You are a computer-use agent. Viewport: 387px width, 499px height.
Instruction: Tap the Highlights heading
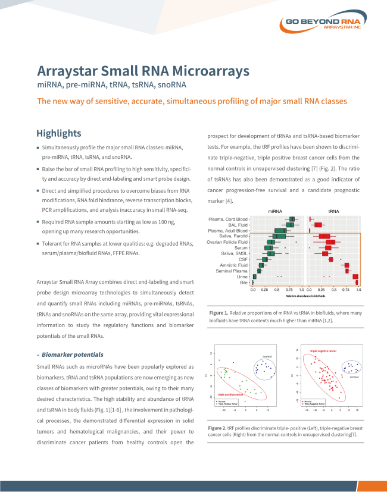[58, 133]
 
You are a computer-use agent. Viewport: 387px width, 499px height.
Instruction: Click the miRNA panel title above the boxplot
[275, 211]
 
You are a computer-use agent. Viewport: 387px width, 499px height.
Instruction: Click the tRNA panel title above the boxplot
[333, 211]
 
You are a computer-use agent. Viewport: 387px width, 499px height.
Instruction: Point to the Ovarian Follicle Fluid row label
[227, 242]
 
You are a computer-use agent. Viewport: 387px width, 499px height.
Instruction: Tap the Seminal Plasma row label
[232, 271]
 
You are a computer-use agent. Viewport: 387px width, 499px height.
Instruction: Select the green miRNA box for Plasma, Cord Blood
[292, 219]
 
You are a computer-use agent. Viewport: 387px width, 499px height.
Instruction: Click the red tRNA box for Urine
[355, 277]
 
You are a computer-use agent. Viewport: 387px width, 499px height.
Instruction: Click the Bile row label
[244, 283]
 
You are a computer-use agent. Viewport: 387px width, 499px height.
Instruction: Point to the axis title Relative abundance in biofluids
[305, 296]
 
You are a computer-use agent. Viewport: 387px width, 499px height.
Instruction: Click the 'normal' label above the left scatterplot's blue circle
[267, 356]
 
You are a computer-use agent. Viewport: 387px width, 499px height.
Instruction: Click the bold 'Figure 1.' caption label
[219, 312]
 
